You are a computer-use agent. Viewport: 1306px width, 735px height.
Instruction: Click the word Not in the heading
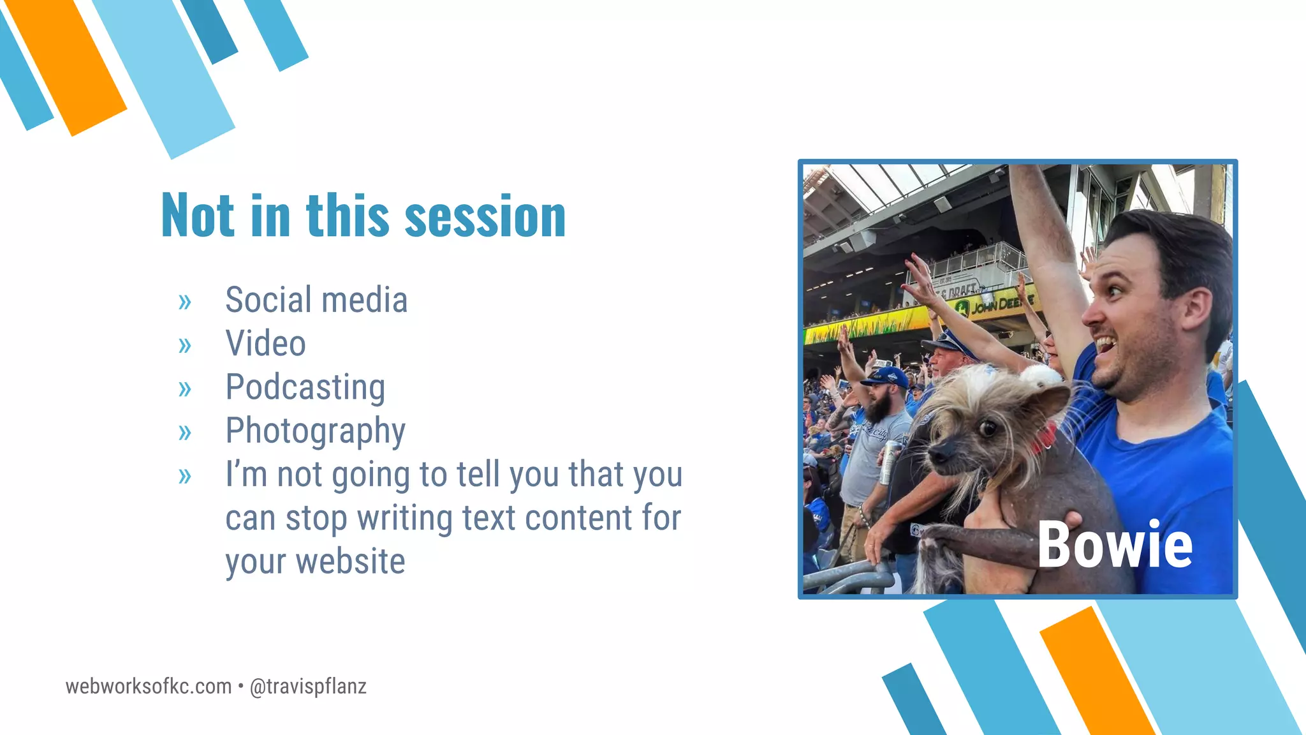(x=198, y=216)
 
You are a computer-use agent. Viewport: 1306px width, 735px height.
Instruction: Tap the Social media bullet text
(x=316, y=300)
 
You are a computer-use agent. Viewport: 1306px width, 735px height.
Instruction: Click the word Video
(x=265, y=344)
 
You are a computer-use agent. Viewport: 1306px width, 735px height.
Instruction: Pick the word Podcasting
(x=305, y=387)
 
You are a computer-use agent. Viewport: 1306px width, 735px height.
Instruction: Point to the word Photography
(x=315, y=431)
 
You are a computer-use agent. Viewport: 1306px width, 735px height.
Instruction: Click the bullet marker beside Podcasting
(x=185, y=389)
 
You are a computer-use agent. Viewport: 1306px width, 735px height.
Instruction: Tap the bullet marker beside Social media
(x=185, y=301)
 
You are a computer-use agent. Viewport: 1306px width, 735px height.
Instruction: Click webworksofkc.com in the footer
(x=149, y=687)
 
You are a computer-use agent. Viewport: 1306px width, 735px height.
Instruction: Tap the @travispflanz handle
(x=308, y=687)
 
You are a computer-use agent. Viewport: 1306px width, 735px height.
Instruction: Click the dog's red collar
(x=1045, y=438)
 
